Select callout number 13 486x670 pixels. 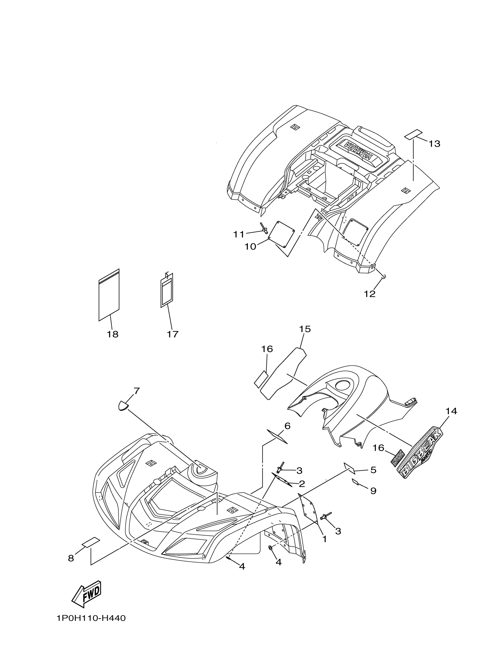click(435, 144)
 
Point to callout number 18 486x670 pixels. click(113, 334)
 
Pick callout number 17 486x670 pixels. click(172, 334)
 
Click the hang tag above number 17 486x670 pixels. click(167, 290)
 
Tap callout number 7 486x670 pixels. click(136, 391)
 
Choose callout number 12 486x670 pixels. click(370, 294)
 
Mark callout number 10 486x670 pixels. click(250, 246)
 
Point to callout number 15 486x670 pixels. click(305, 329)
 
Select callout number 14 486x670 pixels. click(451, 411)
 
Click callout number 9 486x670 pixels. click(373, 491)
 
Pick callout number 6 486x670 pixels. click(287, 426)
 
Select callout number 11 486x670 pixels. click(239, 235)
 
